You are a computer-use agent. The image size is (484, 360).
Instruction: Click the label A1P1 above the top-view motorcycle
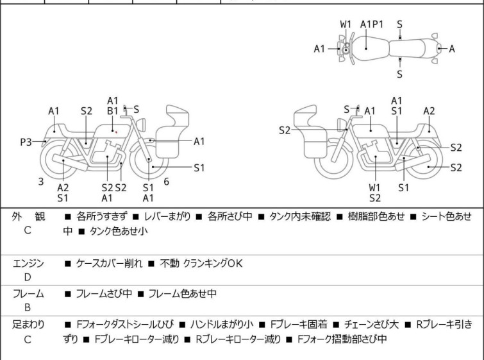click(372, 24)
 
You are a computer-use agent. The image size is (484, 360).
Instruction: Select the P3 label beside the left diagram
click(26, 142)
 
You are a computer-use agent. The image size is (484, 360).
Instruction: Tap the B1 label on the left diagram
click(112, 110)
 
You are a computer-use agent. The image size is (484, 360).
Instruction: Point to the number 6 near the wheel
click(166, 182)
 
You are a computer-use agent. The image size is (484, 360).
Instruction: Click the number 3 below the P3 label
click(41, 182)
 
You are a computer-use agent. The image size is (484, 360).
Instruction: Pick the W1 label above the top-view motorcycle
click(346, 24)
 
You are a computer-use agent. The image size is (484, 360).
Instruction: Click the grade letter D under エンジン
click(28, 277)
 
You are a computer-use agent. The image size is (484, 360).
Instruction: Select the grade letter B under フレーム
click(28, 307)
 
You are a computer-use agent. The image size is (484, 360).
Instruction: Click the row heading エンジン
click(28, 263)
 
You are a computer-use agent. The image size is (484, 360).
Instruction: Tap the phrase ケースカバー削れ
click(110, 263)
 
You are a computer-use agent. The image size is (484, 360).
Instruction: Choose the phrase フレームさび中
click(104, 294)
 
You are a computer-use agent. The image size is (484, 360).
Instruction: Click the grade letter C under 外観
click(28, 231)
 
